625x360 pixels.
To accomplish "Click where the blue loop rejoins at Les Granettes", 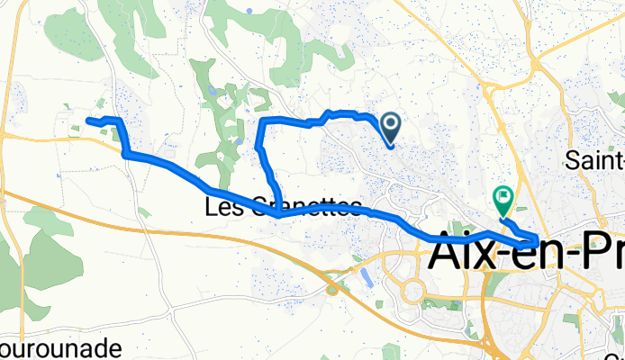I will click(279, 215).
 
